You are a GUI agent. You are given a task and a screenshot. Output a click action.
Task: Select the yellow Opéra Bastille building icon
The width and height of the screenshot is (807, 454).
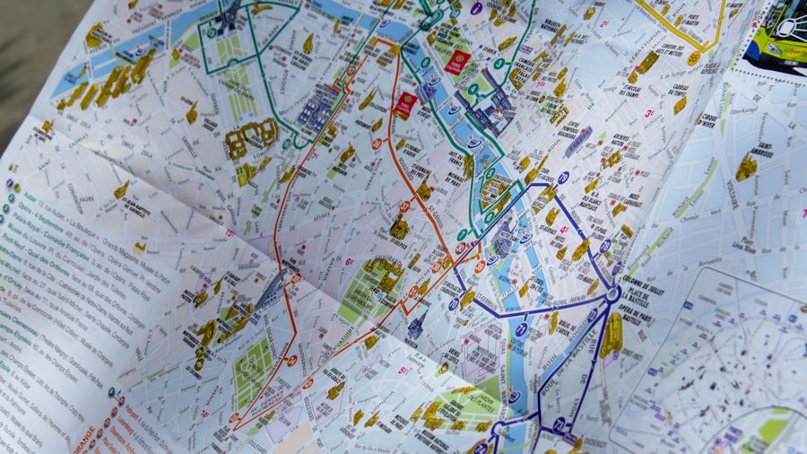point(612,336)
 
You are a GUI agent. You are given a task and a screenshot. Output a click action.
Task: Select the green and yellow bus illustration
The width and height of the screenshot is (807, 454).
point(778,34)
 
